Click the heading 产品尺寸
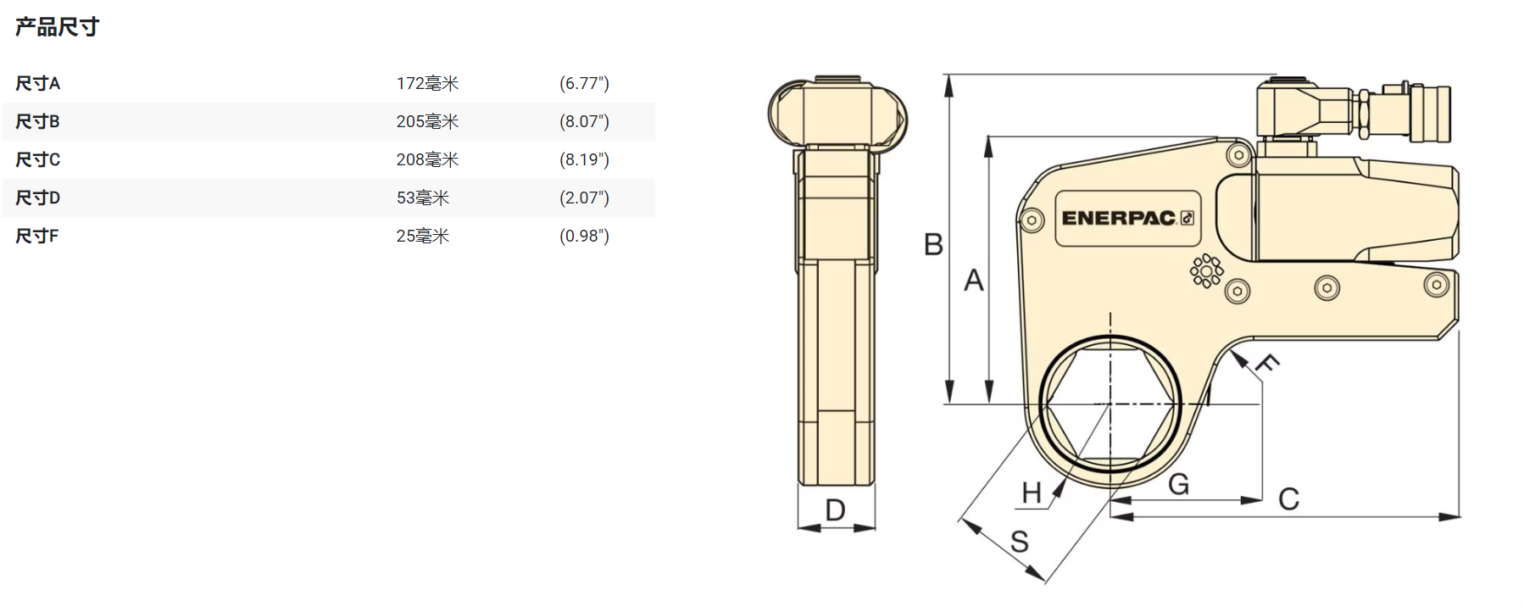point(57,27)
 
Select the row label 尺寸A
point(38,83)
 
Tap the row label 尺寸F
point(37,236)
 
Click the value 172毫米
point(427,83)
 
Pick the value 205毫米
point(427,121)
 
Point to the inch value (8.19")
point(584,159)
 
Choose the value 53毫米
point(423,198)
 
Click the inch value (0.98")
point(584,236)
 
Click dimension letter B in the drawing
point(933,244)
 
